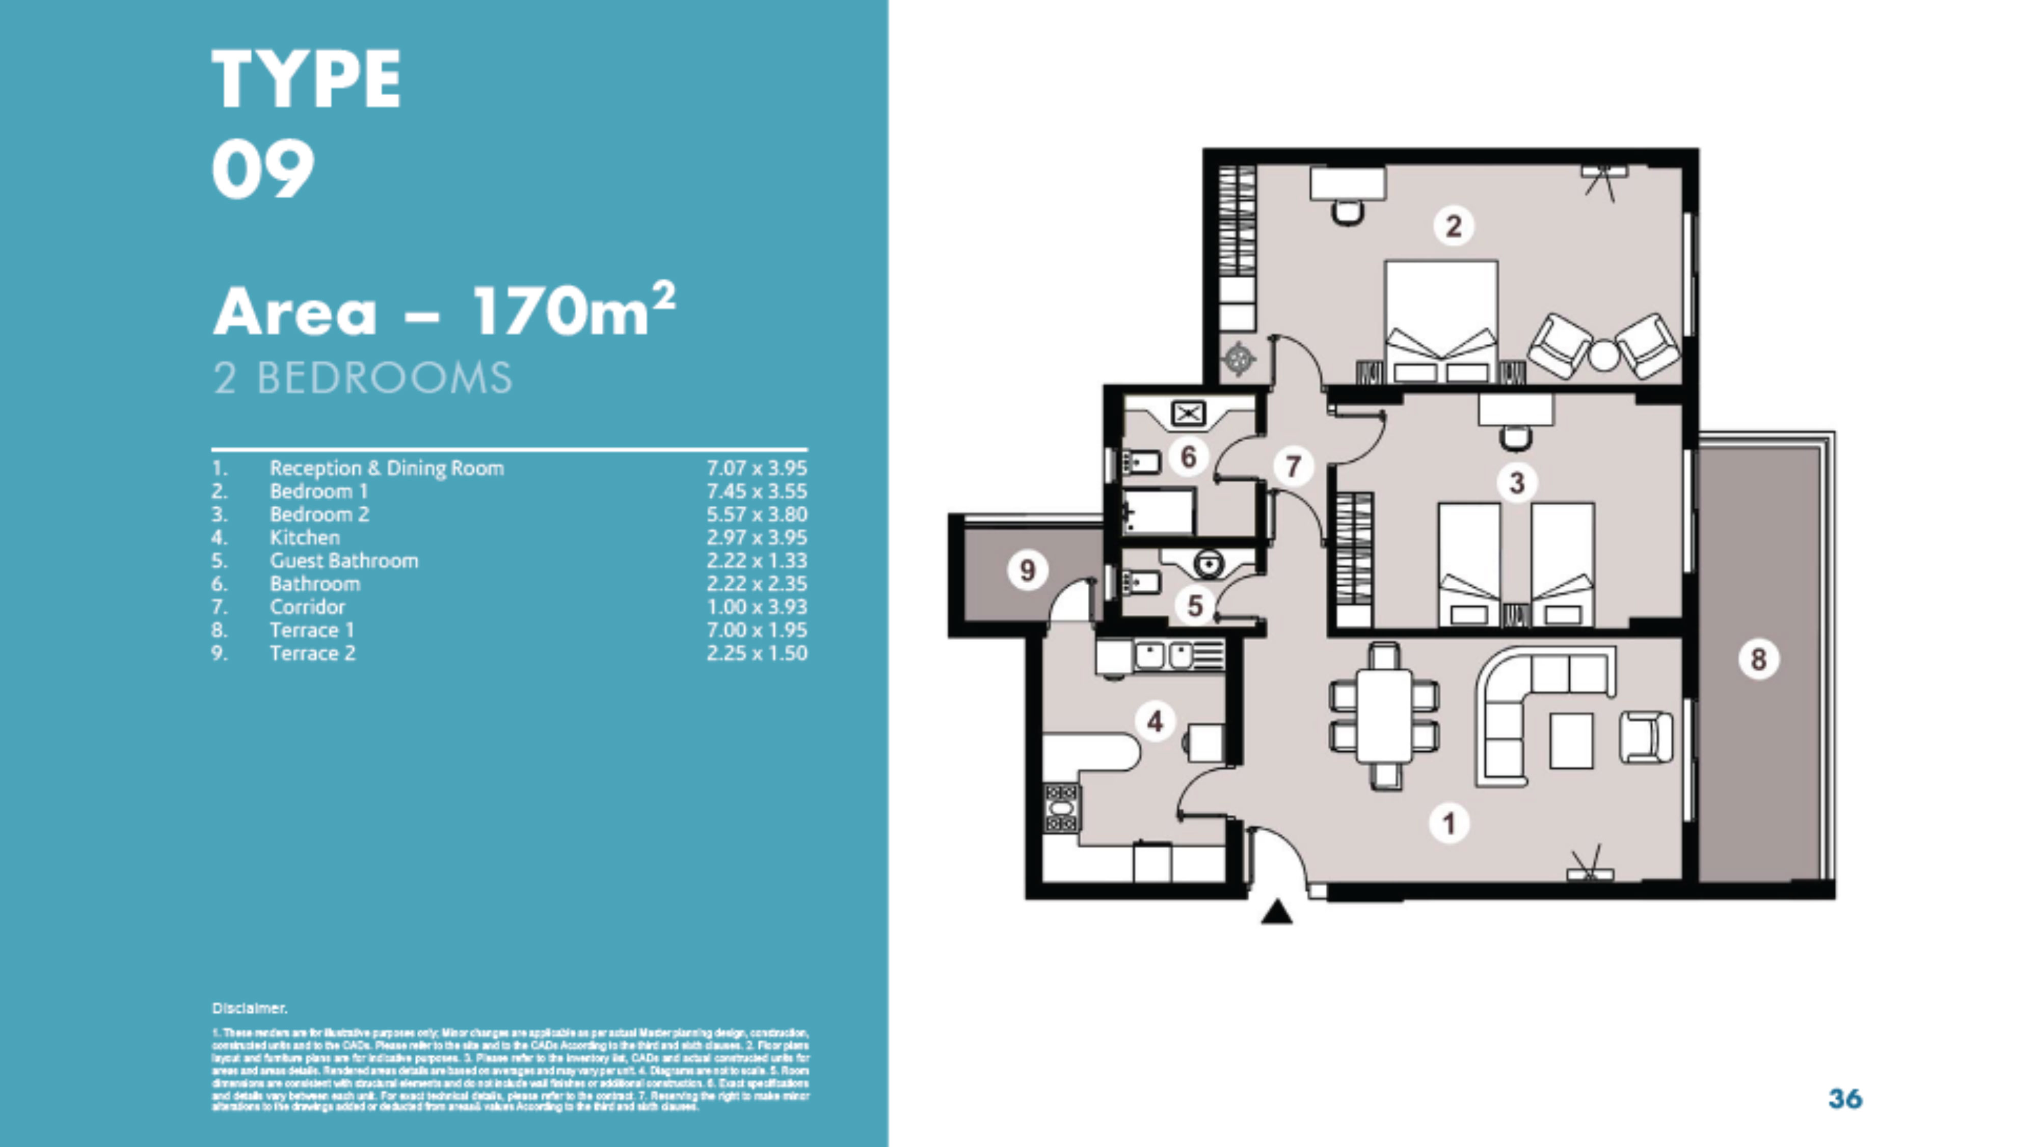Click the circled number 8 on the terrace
(x=1758, y=659)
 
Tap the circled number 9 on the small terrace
(x=1027, y=569)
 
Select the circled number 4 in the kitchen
(x=1155, y=721)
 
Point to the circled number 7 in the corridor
(x=1293, y=466)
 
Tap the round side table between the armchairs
(x=1604, y=355)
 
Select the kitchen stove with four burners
(x=1061, y=808)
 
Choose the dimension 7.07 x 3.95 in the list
(x=756, y=468)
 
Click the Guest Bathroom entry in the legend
(x=343, y=561)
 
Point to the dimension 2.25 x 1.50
(x=756, y=653)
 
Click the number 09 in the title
(x=263, y=169)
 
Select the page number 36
(x=1845, y=1098)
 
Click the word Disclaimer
(x=249, y=1008)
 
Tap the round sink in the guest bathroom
(x=1208, y=564)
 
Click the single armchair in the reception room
(x=1646, y=737)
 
